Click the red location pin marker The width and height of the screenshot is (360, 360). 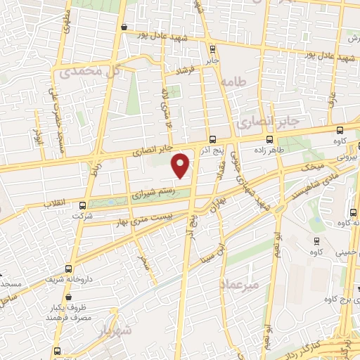(181, 166)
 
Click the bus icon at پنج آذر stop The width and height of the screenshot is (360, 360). (213, 139)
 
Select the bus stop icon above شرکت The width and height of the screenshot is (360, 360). (83, 205)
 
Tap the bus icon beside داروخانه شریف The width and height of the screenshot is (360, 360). (68, 268)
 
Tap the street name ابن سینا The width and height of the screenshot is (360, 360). (205, 252)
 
